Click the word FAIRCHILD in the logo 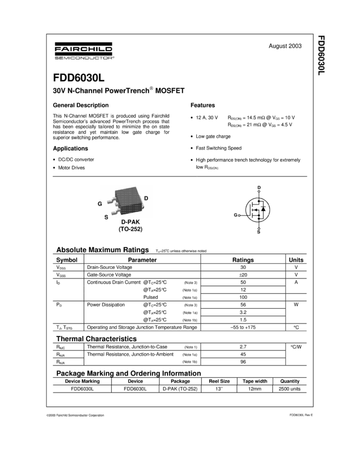(83, 49)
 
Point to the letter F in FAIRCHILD (57, 49)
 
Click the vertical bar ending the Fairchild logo (113, 49)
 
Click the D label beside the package (146, 198)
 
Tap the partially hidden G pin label (100, 203)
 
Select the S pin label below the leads (106, 217)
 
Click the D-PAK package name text (130, 222)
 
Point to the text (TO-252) (130, 229)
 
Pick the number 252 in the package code (135, 229)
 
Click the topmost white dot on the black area (259, 191)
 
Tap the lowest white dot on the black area (259, 228)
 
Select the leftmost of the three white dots (239, 215)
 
